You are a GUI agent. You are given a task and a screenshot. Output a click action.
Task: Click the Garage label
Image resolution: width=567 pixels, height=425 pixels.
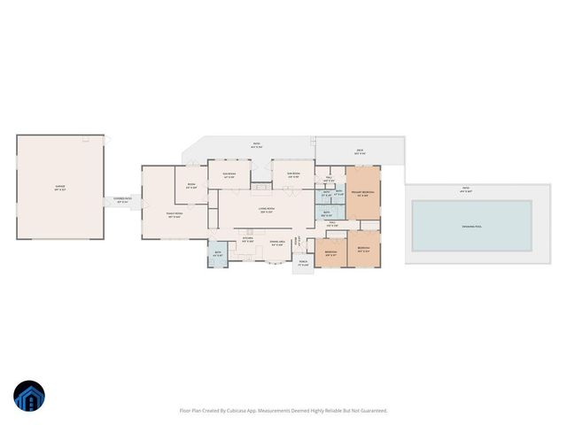[60, 188]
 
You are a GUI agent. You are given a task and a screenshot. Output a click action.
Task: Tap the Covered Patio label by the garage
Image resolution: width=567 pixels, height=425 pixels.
[122, 201]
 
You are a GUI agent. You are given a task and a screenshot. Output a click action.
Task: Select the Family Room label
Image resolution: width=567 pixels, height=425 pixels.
[175, 214]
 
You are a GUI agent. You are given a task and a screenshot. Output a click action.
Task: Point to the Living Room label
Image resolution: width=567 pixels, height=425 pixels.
[266, 210]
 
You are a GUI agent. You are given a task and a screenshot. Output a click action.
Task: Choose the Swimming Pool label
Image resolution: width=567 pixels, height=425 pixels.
[471, 226]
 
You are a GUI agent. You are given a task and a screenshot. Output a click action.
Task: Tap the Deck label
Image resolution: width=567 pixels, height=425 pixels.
[360, 151]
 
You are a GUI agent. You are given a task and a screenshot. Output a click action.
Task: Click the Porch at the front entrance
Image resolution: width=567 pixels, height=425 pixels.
[303, 263]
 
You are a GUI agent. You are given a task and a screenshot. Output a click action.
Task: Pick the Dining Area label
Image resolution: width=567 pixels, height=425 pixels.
[276, 243]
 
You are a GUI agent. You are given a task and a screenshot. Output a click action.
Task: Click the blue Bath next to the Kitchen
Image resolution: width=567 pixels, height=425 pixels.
[218, 254]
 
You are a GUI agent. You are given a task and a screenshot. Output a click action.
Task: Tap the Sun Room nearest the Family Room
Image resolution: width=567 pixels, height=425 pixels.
[229, 175]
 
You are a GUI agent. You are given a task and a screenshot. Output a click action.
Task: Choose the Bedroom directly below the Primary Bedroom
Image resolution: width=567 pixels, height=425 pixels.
[363, 250]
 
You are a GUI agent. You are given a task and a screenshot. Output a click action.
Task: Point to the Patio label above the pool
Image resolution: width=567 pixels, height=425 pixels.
[465, 189]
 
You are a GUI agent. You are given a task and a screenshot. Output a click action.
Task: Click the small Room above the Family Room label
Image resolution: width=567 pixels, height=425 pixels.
[190, 186]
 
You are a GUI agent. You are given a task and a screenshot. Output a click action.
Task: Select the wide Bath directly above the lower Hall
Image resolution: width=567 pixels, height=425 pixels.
[326, 212]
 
